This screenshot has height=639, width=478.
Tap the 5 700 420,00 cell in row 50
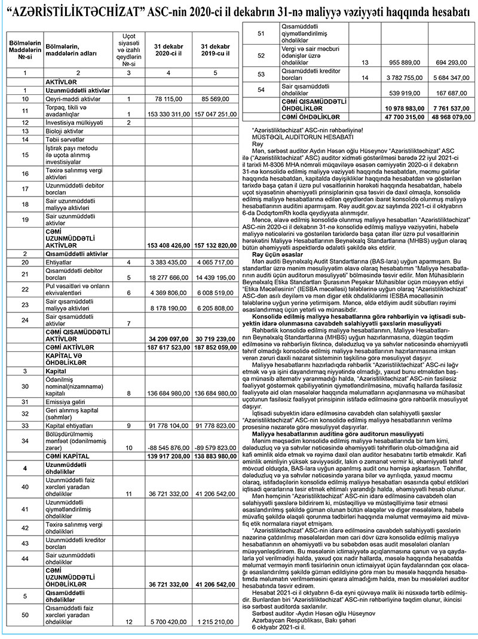169,622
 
